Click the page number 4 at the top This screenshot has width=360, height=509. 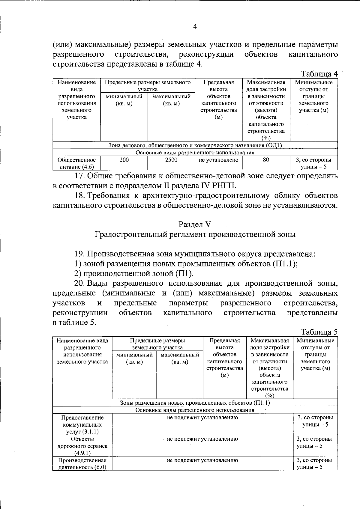195,27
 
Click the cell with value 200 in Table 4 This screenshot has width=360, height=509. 124,160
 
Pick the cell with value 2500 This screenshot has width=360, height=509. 171,160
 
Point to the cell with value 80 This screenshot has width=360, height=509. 266,160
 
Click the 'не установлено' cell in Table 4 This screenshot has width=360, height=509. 218,160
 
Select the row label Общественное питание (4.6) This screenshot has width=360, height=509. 76,163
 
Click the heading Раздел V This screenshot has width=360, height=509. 195,224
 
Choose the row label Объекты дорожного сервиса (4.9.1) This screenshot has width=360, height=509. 82,446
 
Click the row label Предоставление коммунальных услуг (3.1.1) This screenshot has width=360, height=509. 82,424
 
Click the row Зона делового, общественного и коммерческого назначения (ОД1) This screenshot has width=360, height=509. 195,145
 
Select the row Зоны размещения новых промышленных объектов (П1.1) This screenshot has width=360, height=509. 195,403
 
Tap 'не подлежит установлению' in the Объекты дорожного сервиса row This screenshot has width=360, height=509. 202,439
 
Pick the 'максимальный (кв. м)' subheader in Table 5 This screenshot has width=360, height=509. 180,358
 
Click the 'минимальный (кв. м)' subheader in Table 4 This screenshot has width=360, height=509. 124,100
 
